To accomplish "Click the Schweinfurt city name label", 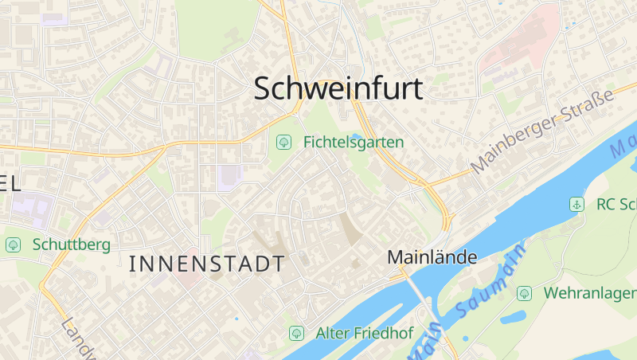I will click(x=338, y=88).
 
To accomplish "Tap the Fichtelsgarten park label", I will click(x=354, y=143).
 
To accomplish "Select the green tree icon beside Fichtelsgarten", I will click(x=283, y=143).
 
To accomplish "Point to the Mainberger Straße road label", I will click(x=543, y=131).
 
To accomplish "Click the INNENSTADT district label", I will click(x=206, y=264).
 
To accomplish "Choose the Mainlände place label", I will click(x=432, y=257).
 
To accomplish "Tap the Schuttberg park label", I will click(x=72, y=245).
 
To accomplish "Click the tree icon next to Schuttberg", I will click(x=13, y=245).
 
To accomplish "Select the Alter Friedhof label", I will click(x=364, y=332).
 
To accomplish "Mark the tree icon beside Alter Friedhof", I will click(x=296, y=332).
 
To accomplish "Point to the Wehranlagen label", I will click(x=589, y=293).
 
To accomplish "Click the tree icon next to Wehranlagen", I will click(x=524, y=293).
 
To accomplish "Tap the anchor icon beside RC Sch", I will click(x=576, y=205).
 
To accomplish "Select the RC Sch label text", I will click(x=616, y=205).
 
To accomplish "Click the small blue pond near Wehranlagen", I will click(x=510, y=318).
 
